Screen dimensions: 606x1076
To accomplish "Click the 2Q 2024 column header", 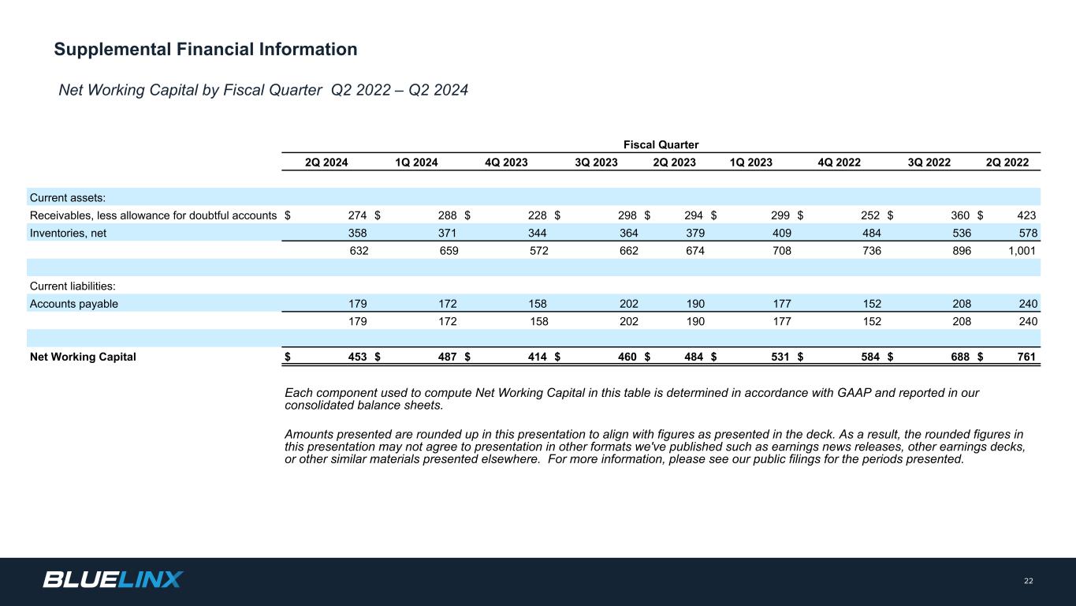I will (326, 163).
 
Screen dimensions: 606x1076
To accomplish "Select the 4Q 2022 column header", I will (840, 163).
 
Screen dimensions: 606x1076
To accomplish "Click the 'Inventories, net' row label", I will (68, 233).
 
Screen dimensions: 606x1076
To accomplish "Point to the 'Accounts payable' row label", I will (74, 304).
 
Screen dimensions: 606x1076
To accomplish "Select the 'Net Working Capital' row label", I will (83, 357).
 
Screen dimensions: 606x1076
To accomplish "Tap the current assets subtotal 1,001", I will (1021, 251).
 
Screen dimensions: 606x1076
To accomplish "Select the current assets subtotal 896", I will (961, 251).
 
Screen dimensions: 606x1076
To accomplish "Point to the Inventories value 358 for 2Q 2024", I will (357, 233).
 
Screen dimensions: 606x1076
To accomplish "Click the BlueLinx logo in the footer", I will (113, 580).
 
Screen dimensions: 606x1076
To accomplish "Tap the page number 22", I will (1028, 582).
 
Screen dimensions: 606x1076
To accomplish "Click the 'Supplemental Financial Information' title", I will (206, 50).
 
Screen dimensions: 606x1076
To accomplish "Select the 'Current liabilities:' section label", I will (73, 286).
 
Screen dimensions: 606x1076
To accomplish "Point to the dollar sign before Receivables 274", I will (288, 215).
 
